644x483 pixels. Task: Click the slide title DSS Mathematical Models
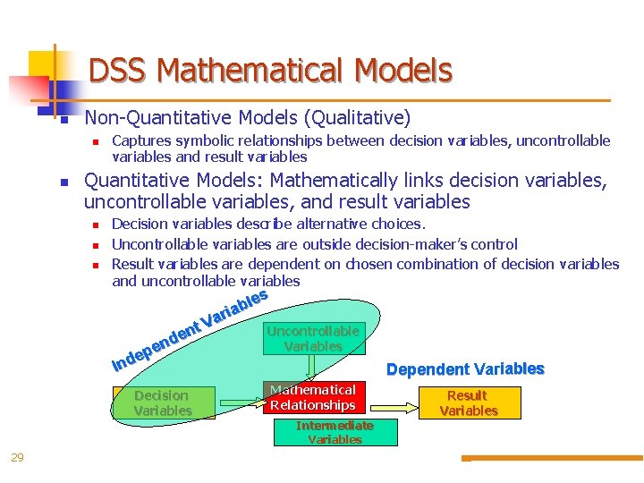point(270,70)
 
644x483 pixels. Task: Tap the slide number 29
point(17,458)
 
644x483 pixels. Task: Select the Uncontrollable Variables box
point(313,338)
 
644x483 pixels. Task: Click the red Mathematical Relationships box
point(313,397)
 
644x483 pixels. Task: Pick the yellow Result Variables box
point(468,402)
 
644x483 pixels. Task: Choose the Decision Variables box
point(162,402)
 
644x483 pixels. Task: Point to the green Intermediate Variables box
point(335,432)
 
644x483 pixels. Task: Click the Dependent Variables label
point(464,369)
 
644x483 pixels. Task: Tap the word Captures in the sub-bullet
point(140,140)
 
